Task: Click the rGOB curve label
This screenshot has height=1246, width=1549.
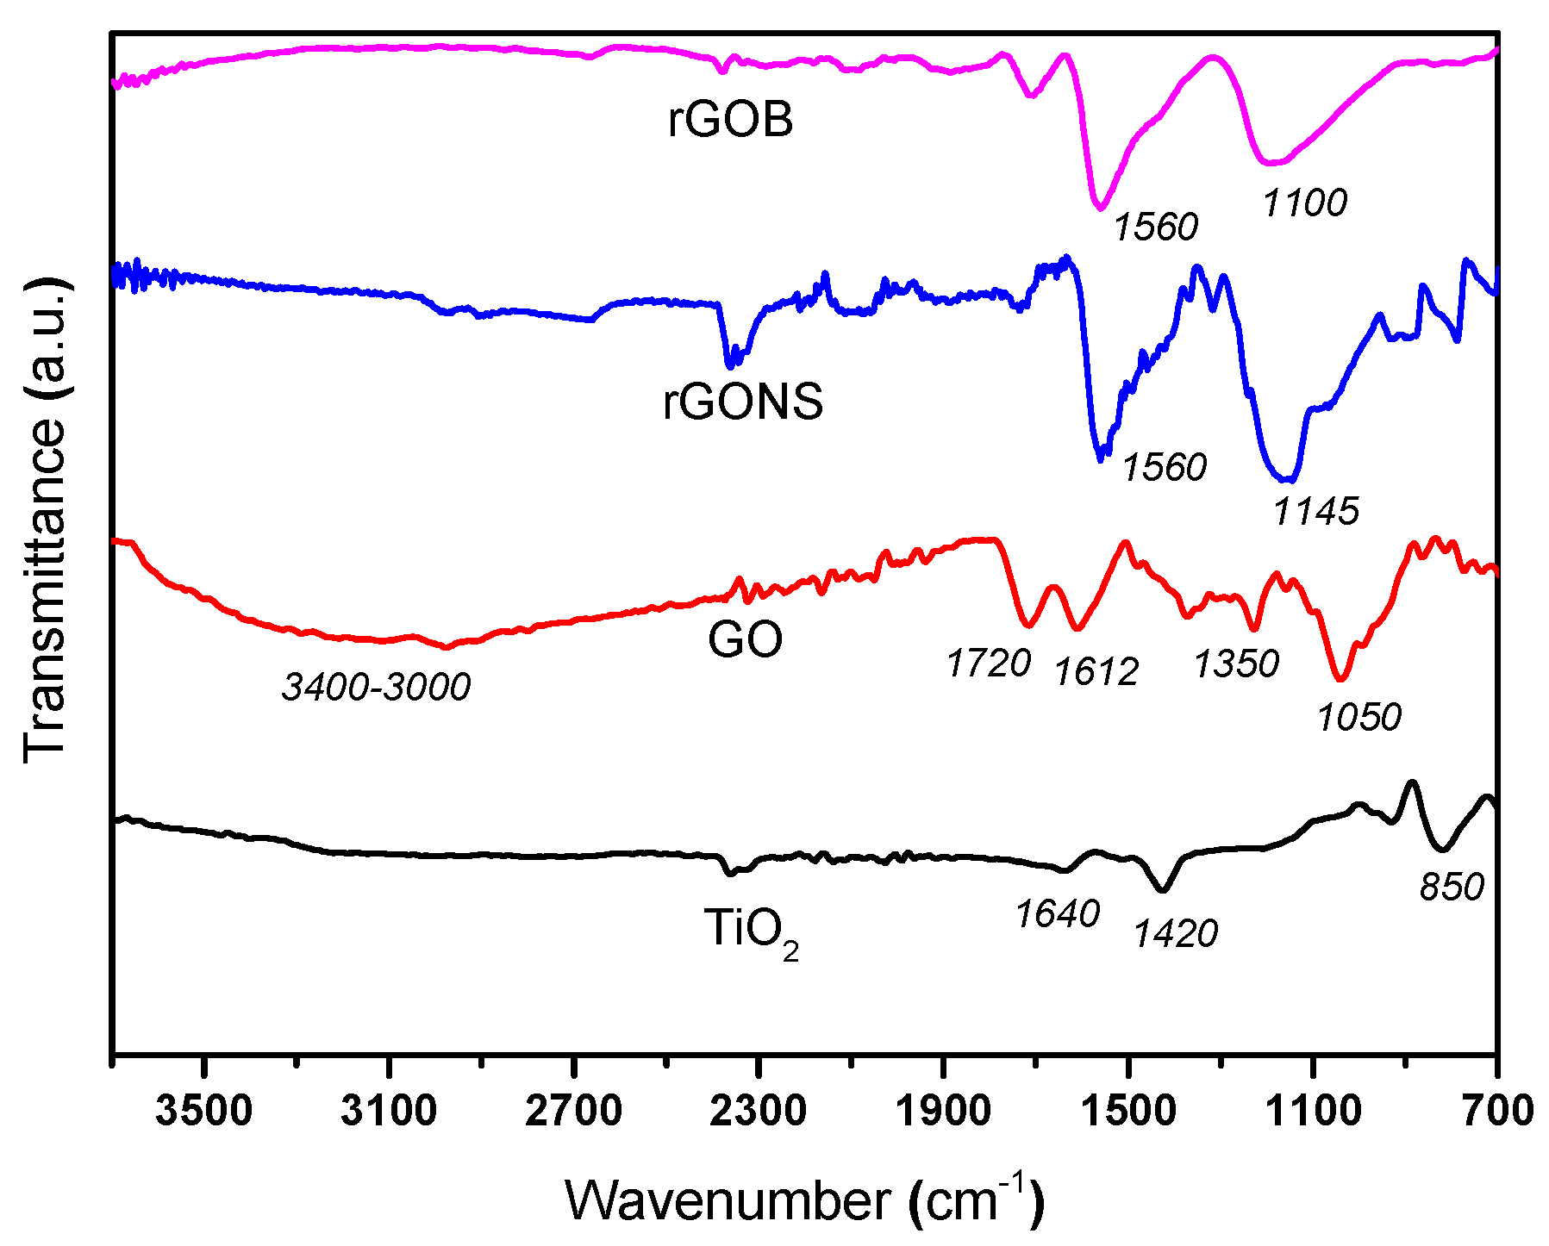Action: tap(730, 120)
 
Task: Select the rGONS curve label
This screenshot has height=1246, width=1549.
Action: tap(742, 402)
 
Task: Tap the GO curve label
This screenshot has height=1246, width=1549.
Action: tap(745, 639)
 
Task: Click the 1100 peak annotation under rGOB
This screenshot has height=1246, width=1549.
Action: tap(1304, 203)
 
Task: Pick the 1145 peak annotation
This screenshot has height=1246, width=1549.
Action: tap(1315, 512)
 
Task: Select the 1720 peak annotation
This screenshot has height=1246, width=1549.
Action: tap(988, 663)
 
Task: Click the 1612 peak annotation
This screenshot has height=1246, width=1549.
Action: tap(1096, 672)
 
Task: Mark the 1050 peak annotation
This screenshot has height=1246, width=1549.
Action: tap(1359, 717)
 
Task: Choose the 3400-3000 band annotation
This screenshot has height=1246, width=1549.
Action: tap(376, 688)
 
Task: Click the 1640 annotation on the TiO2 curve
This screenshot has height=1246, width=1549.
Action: tap(1057, 914)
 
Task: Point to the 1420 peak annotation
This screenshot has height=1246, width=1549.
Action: tap(1176, 934)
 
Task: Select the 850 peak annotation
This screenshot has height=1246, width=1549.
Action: tap(1452, 888)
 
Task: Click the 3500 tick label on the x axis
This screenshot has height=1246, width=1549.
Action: tap(204, 1112)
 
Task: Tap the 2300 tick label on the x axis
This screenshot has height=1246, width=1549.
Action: tap(759, 1112)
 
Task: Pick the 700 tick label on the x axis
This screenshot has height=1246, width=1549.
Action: tap(1497, 1112)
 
